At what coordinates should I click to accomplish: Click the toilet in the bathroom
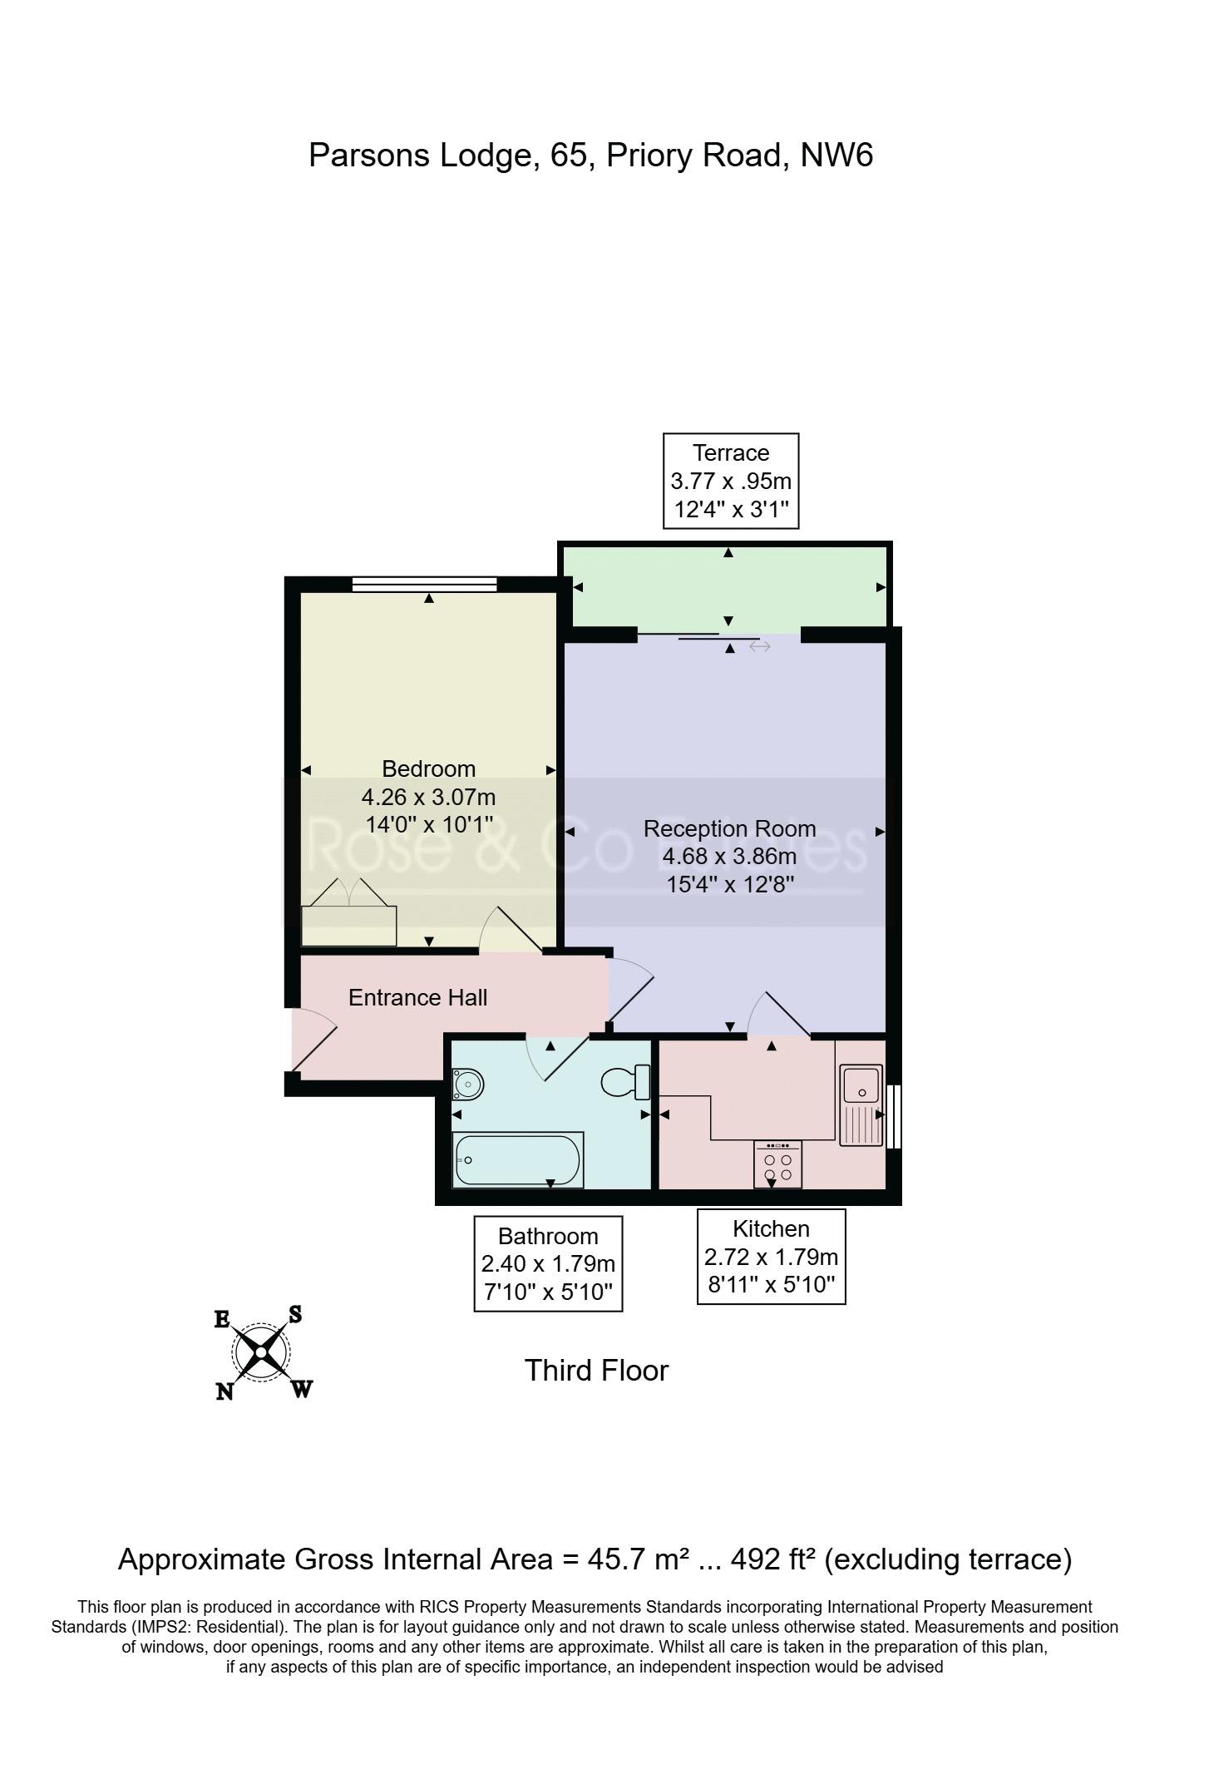tap(624, 1082)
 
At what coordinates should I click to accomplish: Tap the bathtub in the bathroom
tap(518, 1159)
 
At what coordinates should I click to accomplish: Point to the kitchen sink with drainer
tap(861, 1105)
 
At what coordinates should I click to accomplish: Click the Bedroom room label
tap(428, 768)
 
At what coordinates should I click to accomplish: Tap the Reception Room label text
tap(729, 828)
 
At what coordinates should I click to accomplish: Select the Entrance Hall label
tap(417, 997)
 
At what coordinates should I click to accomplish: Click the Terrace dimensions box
tap(731, 481)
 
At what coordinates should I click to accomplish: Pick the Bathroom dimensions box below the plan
tap(548, 1263)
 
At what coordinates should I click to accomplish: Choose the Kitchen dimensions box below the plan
tap(771, 1256)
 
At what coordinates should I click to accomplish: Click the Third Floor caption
tap(596, 1370)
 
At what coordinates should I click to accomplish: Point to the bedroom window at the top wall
tap(424, 584)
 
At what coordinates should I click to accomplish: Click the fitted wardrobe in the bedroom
tap(348, 913)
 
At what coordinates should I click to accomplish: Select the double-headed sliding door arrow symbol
tap(760, 646)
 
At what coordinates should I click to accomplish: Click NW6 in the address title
tap(836, 156)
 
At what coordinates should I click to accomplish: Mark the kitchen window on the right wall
tap(894, 1116)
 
